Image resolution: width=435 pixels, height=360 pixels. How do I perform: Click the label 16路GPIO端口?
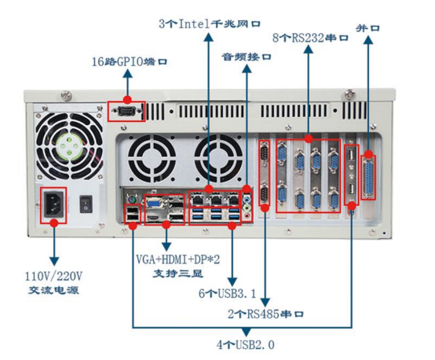tap(130, 61)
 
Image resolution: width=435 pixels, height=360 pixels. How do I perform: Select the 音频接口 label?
tap(245, 57)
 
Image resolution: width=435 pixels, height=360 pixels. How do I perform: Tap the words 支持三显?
tap(167, 273)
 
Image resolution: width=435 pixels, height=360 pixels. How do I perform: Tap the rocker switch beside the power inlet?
tap(86, 204)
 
